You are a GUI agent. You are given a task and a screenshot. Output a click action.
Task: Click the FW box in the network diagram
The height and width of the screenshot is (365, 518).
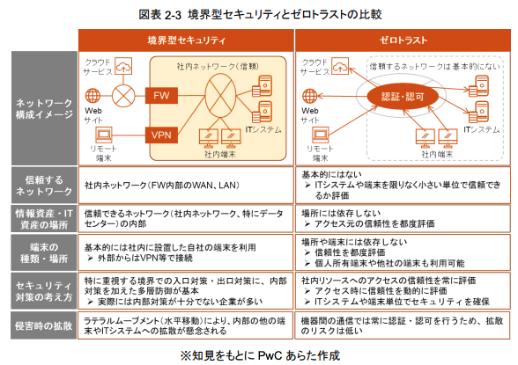click(x=161, y=96)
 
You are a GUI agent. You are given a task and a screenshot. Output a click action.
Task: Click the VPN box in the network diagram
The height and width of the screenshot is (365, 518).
click(x=161, y=135)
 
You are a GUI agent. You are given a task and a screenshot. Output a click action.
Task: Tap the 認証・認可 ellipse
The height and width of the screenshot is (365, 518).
click(x=403, y=97)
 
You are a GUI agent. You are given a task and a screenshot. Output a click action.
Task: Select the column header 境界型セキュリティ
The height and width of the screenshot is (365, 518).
click(x=186, y=40)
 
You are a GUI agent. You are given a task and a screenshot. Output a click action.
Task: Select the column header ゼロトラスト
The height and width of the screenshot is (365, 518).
click(x=403, y=40)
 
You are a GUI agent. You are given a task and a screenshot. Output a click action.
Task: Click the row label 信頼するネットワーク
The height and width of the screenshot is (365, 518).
click(x=44, y=186)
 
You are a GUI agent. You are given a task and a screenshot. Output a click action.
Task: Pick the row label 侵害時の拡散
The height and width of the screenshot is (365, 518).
click(x=44, y=325)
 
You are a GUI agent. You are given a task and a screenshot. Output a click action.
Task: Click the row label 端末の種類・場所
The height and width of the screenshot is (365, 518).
click(x=44, y=252)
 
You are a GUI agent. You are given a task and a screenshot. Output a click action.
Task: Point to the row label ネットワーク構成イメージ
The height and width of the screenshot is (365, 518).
click(x=44, y=108)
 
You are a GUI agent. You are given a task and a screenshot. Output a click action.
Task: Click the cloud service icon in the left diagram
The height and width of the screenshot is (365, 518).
click(x=123, y=66)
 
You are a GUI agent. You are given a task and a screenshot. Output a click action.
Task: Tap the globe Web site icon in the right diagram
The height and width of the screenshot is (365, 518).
click(x=309, y=96)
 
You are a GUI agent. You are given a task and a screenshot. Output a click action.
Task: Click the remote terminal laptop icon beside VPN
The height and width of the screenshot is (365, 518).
click(x=104, y=135)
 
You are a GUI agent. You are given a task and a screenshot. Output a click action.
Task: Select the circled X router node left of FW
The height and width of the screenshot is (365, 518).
click(x=123, y=96)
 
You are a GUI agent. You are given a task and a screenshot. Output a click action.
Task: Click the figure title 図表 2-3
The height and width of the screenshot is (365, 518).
click(x=160, y=14)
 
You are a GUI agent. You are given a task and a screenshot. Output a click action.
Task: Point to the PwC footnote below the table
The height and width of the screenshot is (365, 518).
click(x=260, y=355)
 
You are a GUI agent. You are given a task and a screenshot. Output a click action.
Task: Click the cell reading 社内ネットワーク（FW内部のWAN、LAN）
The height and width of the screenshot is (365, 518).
click(x=162, y=186)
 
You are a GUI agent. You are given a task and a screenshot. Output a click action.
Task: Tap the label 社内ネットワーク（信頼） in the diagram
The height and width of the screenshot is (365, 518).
click(x=218, y=67)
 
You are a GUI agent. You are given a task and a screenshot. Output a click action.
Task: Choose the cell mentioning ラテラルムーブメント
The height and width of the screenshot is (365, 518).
click(x=185, y=325)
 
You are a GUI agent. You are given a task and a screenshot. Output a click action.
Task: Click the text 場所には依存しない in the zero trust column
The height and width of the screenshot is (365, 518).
click(x=341, y=214)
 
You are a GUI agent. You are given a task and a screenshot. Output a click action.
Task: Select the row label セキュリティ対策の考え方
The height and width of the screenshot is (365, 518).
click(x=44, y=291)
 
